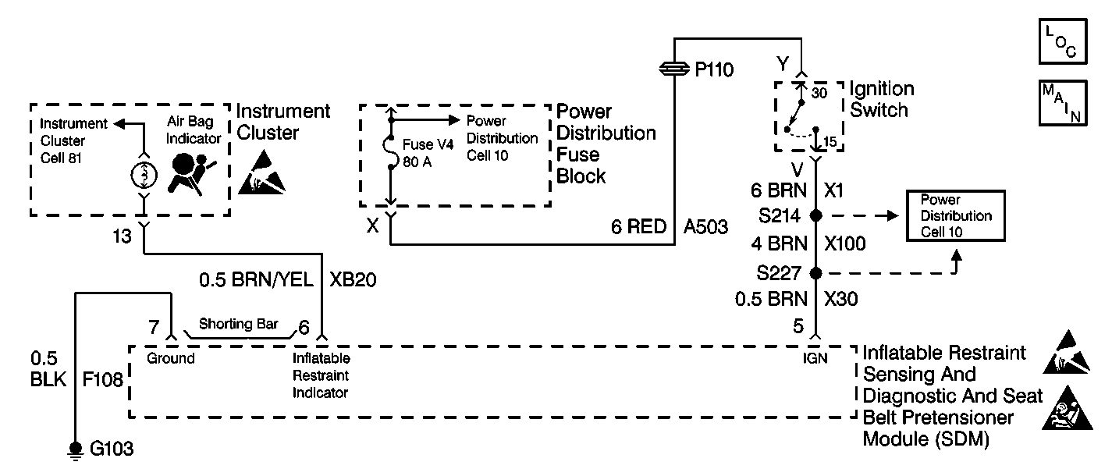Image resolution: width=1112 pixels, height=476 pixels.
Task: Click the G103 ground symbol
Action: (x=76, y=448)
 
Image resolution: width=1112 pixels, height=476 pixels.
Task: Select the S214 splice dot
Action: (x=816, y=215)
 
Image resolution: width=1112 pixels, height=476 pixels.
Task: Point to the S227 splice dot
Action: (x=816, y=273)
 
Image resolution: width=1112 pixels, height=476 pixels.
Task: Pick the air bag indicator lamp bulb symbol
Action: (x=144, y=173)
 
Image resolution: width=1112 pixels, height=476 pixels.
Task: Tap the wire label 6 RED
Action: (x=638, y=227)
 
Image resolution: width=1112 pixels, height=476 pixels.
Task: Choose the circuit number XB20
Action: (x=353, y=279)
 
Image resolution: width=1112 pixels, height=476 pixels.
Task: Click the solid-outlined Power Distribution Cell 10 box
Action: (x=954, y=215)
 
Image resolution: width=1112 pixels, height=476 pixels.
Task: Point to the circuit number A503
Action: (x=705, y=227)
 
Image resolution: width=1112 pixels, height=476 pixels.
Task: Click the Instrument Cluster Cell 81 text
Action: (x=73, y=141)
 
